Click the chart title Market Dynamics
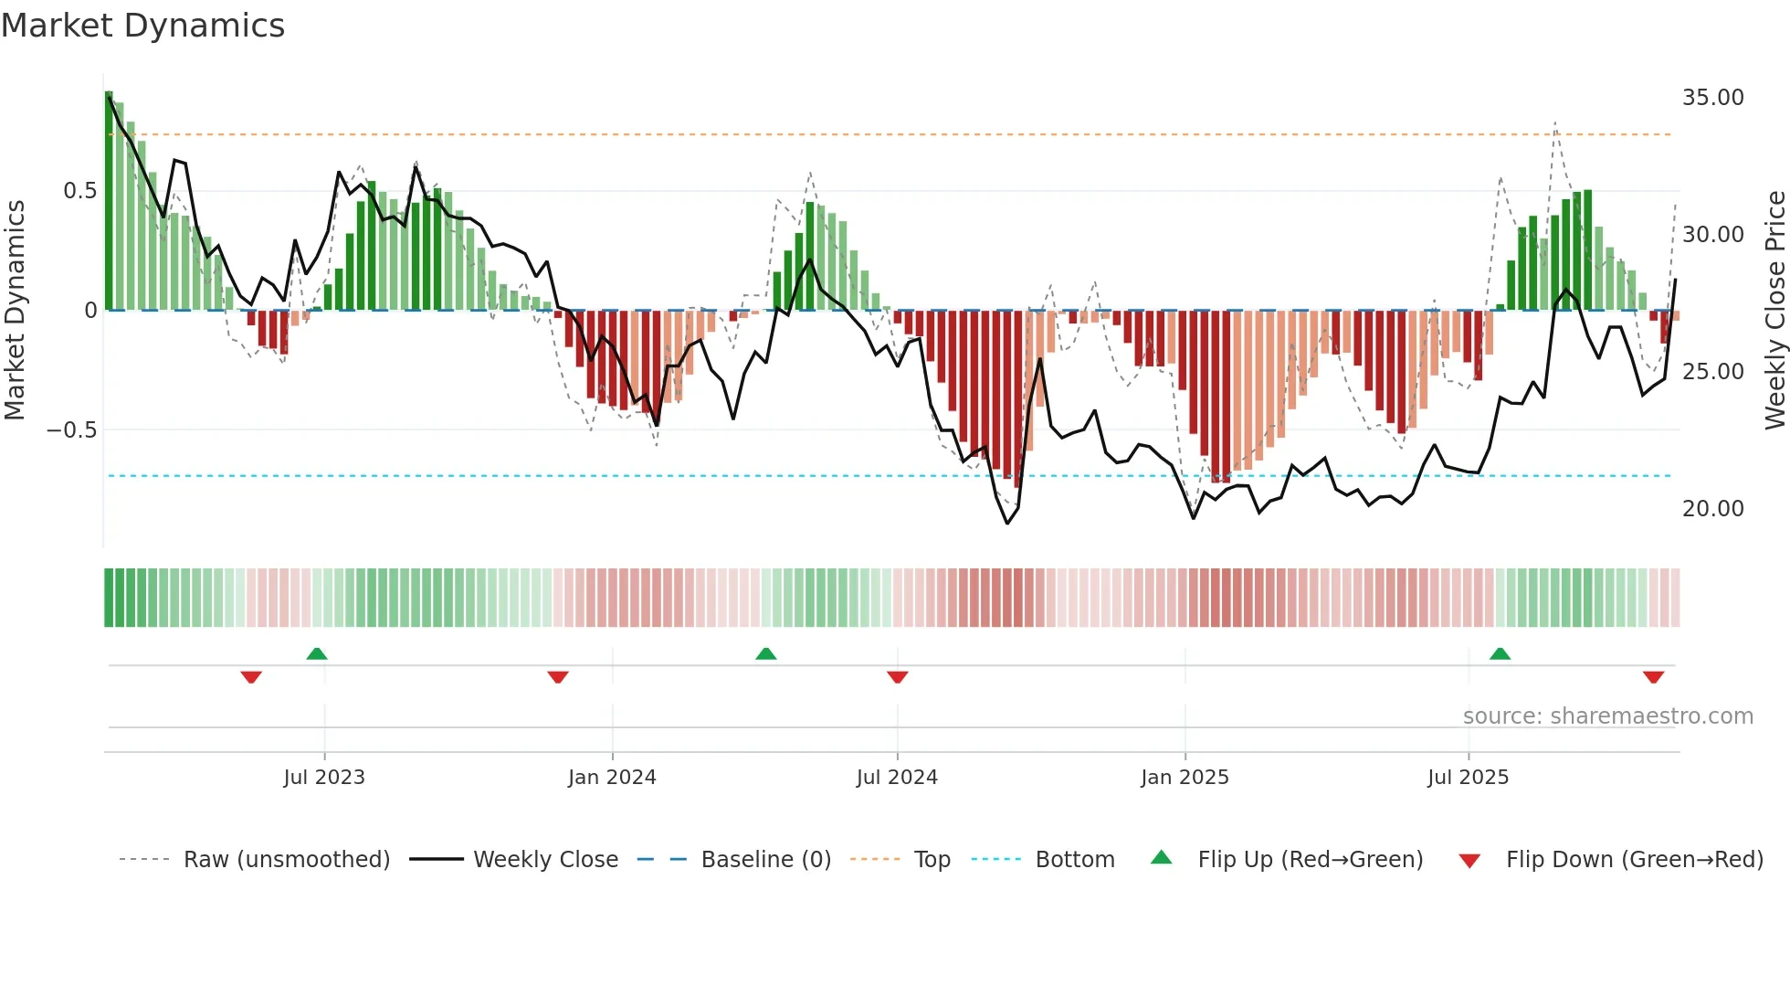tap(142, 26)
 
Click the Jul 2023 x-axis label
tap(324, 778)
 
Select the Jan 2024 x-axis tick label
tap(612, 778)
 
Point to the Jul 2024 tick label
tap(897, 778)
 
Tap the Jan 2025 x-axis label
tap(1185, 778)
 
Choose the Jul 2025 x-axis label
tap(1468, 778)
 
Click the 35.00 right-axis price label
tap(1712, 98)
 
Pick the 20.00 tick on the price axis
tap(1712, 509)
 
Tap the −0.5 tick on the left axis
tap(71, 430)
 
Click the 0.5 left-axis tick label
tap(79, 191)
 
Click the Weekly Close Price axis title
tap(1774, 310)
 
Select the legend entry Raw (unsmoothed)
tap(286, 860)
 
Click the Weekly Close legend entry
tap(545, 860)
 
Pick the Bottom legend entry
tap(1074, 860)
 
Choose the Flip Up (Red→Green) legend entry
tap(1310, 860)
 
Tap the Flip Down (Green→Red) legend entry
tap(1634, 860)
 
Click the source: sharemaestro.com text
tap(1607, 716)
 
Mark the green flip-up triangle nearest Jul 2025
tap(1500, 654)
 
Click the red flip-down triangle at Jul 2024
tap(897, 677)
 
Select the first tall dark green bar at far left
tap(109, 201)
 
